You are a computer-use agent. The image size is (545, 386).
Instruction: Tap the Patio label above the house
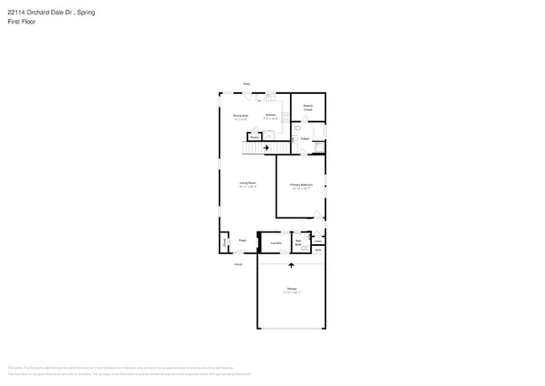247,84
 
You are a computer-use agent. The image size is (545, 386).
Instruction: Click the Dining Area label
240,117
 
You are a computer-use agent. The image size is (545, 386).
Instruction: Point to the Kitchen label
270,117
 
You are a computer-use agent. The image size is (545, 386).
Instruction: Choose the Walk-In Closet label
308,107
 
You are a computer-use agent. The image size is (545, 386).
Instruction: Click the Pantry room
254,136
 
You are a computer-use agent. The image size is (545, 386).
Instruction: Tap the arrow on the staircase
267,149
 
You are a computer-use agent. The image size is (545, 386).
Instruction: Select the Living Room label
247,183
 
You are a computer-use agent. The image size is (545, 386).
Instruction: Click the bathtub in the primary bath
319,148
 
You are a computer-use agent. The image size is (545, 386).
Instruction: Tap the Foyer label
242,240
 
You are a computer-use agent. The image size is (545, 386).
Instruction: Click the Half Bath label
298,243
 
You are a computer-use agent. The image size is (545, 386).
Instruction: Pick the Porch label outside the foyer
238,264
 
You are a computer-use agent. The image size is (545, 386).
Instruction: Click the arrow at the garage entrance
291,265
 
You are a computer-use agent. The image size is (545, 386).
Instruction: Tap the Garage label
291,289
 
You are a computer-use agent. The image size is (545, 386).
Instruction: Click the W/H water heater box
318,249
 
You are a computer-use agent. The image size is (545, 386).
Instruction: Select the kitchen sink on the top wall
270,96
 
